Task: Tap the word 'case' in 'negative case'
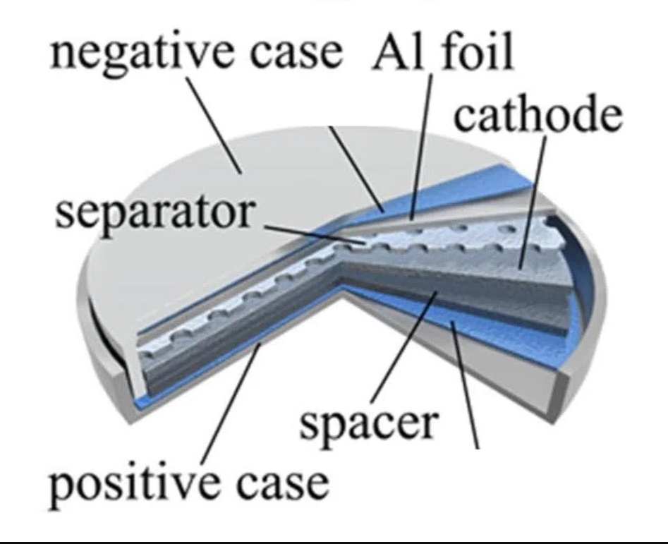click(296, 54)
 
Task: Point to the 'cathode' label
click(538, 112)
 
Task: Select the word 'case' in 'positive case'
click(283, 484)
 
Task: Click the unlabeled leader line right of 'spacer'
click(465, 385)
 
